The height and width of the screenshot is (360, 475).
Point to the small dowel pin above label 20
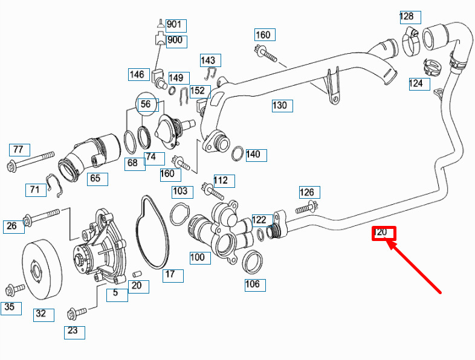[x=137, y=274]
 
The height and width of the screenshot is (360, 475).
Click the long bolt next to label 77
[x=30, y=161]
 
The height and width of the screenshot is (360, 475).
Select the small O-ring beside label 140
[x=237, y=153]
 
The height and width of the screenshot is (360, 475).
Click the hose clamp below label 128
[x=410, y=42]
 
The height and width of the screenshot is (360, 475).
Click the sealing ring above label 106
[x=252, y=262]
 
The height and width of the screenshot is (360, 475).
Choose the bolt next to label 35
[x=15, y=289]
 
